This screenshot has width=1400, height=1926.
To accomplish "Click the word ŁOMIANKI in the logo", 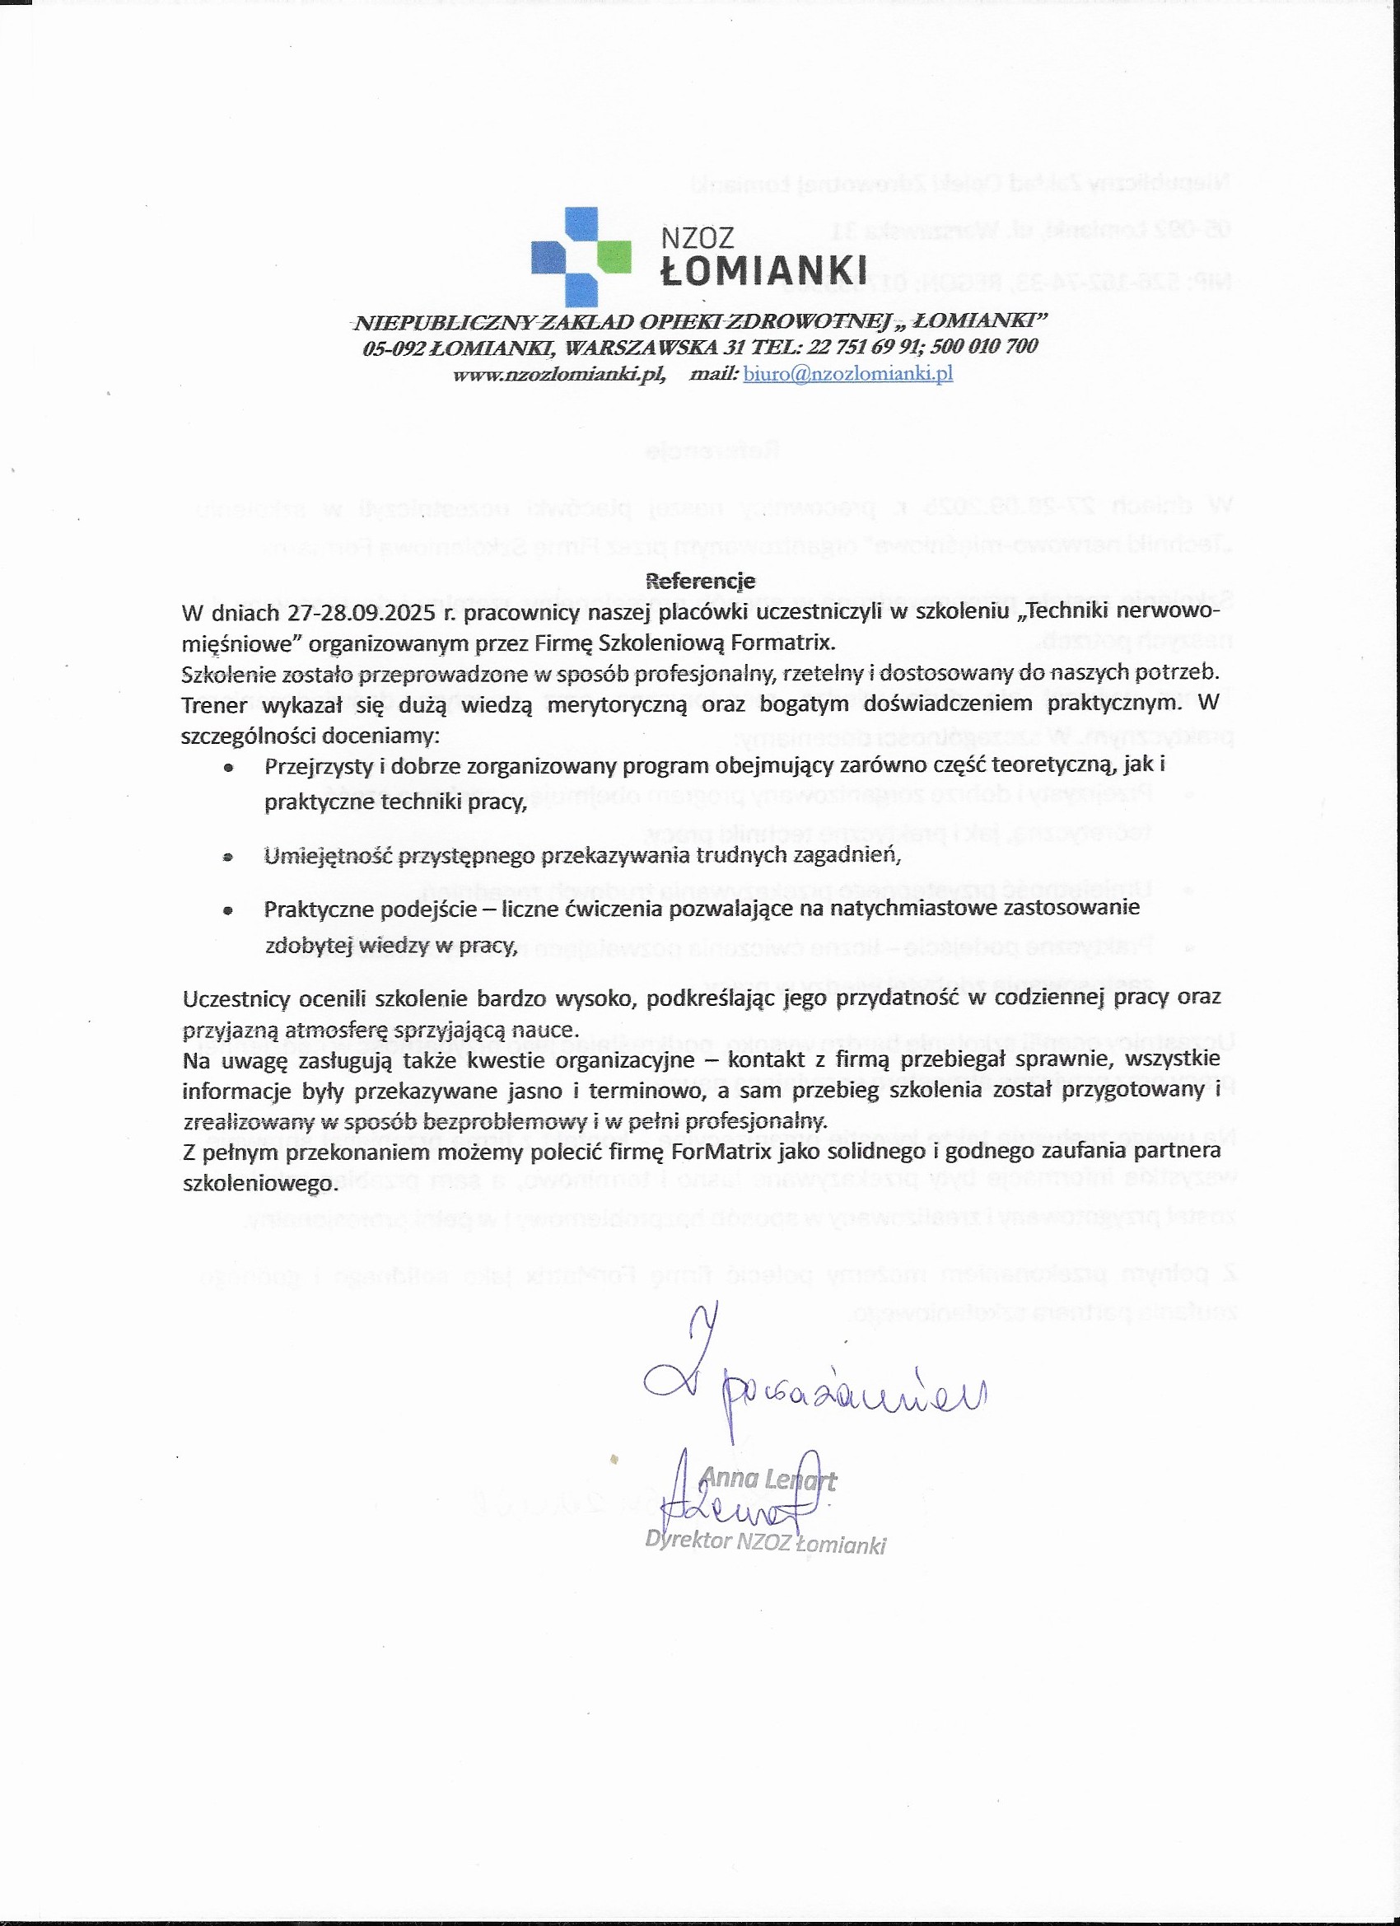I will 764,271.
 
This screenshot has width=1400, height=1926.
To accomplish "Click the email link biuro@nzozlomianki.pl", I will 847,374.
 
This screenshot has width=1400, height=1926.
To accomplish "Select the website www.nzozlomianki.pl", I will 558,375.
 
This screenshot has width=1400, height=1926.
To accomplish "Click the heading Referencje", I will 701,581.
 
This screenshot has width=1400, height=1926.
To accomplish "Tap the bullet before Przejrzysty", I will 227,768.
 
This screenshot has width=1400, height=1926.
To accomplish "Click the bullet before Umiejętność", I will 227,858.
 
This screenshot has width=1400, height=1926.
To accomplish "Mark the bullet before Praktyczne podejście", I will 227,910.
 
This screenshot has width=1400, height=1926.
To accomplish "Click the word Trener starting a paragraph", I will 214,705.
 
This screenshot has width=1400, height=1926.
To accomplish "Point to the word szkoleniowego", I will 259,1184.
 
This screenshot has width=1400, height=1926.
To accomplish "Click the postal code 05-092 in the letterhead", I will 394,348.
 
